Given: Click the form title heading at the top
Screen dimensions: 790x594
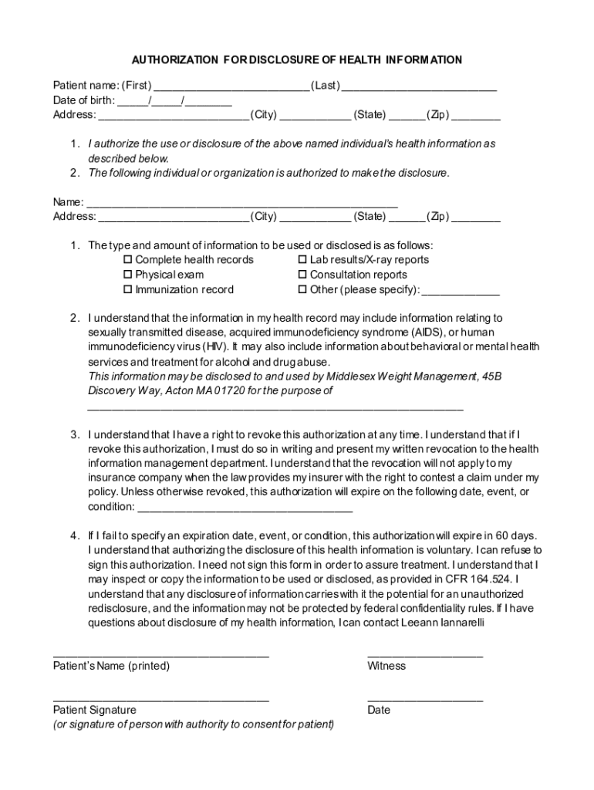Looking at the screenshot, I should point(297,59).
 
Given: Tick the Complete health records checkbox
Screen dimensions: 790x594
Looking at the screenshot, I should point(129,260).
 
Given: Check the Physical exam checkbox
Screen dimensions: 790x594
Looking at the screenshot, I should point(129,275).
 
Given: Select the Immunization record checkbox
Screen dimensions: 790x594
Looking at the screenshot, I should point(129,290).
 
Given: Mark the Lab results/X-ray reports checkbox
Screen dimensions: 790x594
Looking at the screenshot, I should point(303,260).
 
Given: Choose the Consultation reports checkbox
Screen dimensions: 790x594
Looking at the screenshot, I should point(303,275).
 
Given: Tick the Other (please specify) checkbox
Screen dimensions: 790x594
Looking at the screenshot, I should point(303,290).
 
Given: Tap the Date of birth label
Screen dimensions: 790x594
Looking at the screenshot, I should point(83,100).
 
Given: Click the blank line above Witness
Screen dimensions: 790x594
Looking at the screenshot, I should point(425,654).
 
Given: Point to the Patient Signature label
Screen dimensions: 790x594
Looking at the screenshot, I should point(94,710).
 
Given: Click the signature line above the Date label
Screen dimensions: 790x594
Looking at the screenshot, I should point(425,699).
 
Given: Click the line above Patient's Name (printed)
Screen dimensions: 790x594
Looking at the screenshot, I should point(160,654).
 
